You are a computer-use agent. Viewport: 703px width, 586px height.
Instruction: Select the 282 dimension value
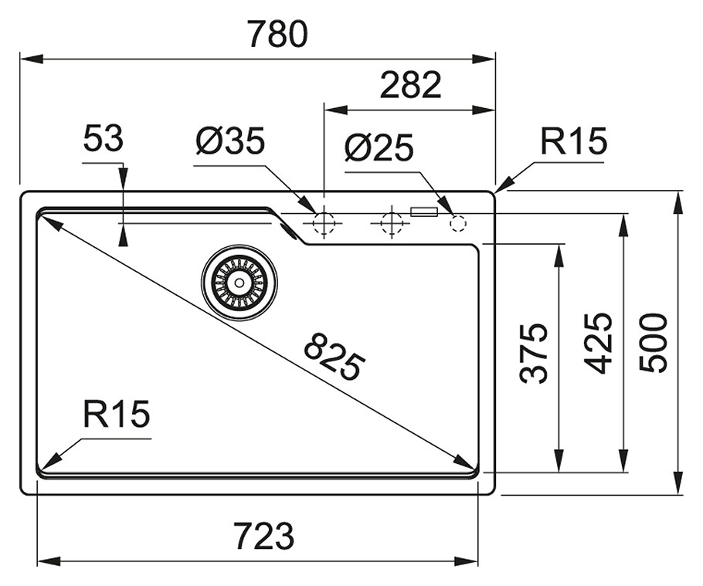[410, 85]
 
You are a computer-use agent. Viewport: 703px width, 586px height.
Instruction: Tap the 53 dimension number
[103, 140]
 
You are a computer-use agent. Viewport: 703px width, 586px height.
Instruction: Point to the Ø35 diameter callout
[230, 141]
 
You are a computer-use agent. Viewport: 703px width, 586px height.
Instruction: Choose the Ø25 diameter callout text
[379, 147]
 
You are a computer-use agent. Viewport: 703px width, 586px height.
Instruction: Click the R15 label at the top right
[573, 141]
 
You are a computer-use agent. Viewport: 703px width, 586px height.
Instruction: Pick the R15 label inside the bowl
[117, 415]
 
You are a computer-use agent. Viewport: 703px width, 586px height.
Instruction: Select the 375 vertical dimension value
[535, 353]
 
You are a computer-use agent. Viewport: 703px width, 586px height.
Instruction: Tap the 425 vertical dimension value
[599, 343]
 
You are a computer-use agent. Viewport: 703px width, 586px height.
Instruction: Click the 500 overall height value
[654, 343]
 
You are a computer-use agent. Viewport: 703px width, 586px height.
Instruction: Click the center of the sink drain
[239, 282]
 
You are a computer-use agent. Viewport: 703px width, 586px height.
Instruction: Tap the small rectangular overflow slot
[424, 211]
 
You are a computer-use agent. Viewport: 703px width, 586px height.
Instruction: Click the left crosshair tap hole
[323, 223]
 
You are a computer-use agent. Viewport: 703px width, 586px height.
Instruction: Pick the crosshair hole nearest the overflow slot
[391, 223]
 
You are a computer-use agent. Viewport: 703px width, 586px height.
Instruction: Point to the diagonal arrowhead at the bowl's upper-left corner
[49, 222]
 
